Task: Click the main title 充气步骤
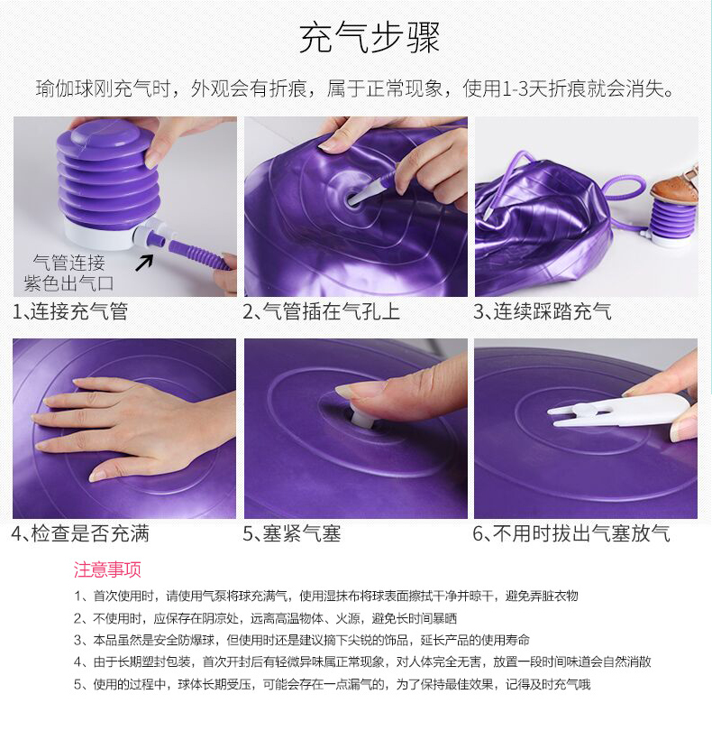(370, 37)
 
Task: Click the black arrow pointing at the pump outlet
(144, 262)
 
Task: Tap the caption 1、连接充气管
(70, 311)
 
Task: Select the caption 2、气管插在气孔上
(322, 311)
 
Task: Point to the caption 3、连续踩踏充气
(543, 311)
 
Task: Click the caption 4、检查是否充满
(80, 533)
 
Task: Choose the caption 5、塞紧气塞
(292, 533)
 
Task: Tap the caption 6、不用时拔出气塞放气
(571, 533)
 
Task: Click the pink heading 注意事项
(107, 569)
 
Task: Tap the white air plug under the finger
(360, 416)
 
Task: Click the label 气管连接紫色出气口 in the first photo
(68, 273)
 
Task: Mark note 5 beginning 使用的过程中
(333, 684)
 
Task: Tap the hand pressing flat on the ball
(135, 427)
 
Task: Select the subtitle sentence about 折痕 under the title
(355, 88)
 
